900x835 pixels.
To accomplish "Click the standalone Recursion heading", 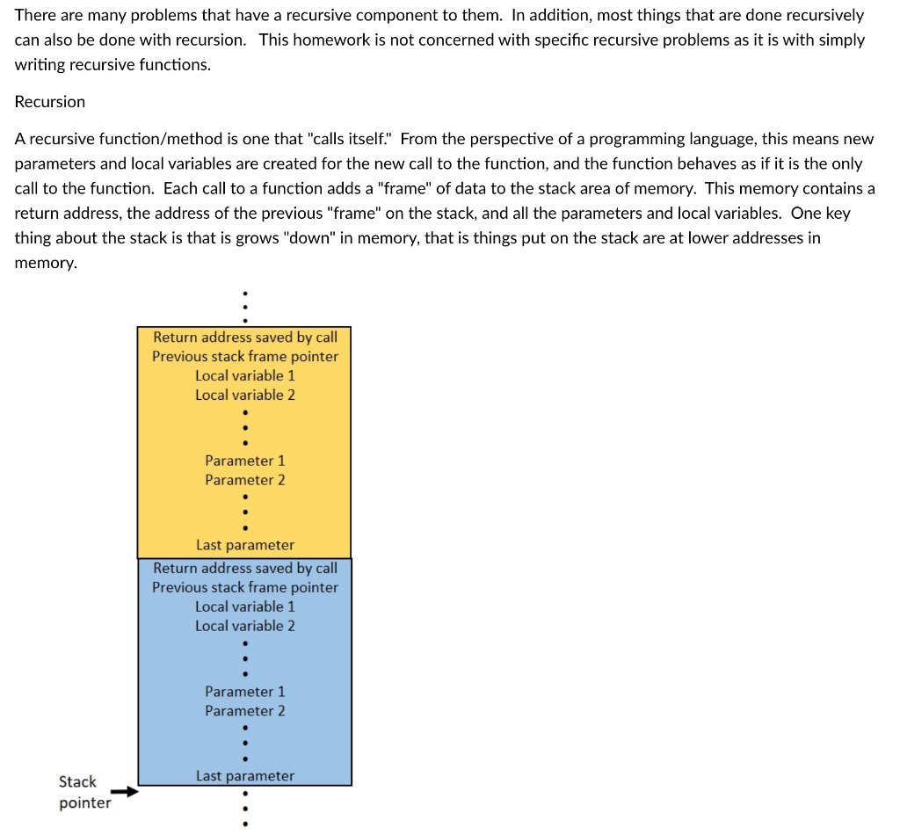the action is click(x=50, y=102).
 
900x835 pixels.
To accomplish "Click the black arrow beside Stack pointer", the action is click(x=128, y=792).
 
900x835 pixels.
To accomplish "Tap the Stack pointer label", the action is click(x=84, y=792).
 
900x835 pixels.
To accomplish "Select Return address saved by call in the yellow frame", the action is click(x=244, y=338).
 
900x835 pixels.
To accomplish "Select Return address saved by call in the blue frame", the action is click(x=244, y=569).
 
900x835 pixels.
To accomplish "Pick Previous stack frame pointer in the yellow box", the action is click(x=244, y=357).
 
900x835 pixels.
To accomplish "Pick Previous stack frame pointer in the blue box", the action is click(x=244, y=588).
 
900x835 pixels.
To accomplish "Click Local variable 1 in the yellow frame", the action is click(x=244, y=376).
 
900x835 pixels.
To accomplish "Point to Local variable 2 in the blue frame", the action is click(x=244, y=627).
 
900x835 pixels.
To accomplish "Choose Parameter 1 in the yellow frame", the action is click(x=244, y=461).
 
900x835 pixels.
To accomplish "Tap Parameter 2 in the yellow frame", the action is click(x=244, y=480).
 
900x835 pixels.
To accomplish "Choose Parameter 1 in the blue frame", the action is click(x=244, y=692).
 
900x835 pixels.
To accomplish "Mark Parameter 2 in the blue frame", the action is click(x=244, y=711).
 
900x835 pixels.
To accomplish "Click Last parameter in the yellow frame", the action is click(x=244, y=546).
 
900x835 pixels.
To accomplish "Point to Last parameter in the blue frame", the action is click(x=244, y=776).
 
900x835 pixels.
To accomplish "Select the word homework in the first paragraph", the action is click(x=326, y=40).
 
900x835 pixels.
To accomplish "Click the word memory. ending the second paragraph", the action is click(x=46, y=263).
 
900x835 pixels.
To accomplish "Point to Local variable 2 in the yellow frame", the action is click(x=244, y=396).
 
